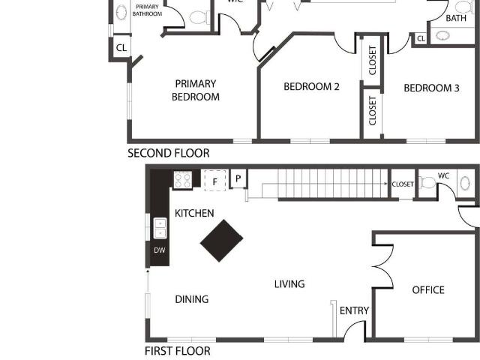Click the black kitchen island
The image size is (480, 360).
222,241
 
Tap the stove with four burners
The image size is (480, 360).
183,180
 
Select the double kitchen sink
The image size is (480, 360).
160,228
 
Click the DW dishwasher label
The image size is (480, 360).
160,250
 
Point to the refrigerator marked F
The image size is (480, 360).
215,181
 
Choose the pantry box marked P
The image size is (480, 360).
238,178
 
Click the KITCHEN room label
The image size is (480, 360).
194,213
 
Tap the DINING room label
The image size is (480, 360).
192,299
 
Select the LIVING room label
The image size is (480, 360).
289,284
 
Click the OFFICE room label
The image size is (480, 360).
428,290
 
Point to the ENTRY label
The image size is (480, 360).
354,310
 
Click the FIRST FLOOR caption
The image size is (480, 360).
178,351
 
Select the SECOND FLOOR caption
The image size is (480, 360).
169,153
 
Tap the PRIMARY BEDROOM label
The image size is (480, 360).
196,90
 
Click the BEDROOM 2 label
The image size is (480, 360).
312,87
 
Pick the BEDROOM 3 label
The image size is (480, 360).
432,88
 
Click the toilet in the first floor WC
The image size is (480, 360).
427,182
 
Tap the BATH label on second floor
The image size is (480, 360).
456,18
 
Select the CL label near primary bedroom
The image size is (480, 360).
121,48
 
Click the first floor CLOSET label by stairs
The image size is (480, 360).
403,184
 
